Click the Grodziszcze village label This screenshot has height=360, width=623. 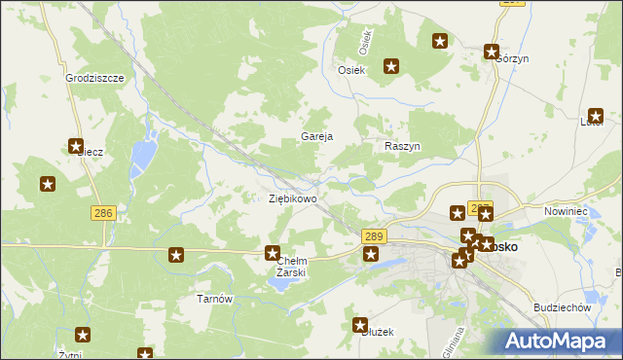click(x=94, y=77)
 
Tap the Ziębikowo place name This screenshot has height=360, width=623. click(x=292, y=198)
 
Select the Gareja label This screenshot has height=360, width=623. click(x=317, y=136)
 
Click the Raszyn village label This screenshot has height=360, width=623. click(x=401, y=145)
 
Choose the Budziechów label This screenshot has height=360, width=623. click(x=563, y=306)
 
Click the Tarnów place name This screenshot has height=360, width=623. click(x=215, y=299)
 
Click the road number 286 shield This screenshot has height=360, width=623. click(x=101, y=212)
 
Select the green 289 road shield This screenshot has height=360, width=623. click(x=374, y=236)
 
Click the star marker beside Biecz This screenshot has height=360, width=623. click(x=76, y=147)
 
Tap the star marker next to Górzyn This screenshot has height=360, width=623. click(x=492, y=53)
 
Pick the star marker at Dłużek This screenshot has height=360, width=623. click(x=360, y=325)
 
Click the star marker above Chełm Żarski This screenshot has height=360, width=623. click(x=273, y=253)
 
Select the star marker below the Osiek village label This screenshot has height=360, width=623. click(x=391, y=67)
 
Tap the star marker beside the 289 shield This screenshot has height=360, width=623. click(x=370, y=255)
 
